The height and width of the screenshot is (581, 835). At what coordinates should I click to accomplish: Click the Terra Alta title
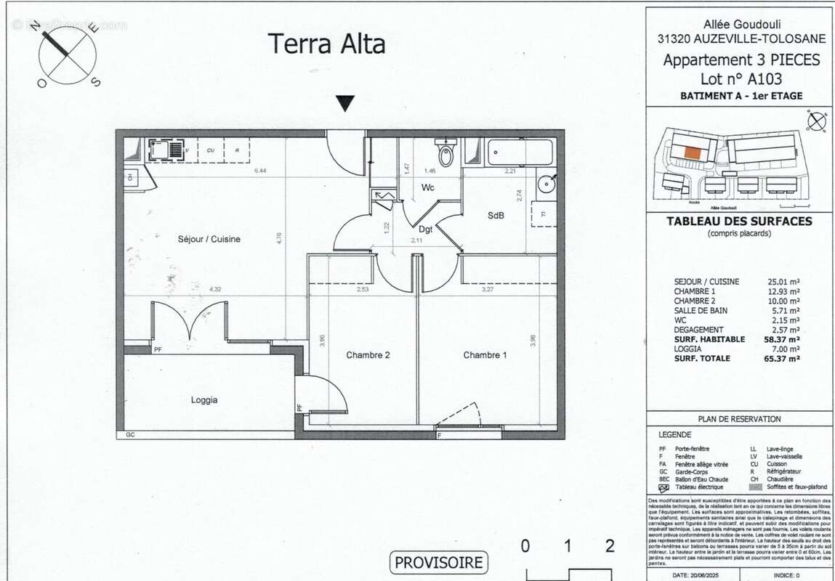pyautogui.click(x=327, y=44)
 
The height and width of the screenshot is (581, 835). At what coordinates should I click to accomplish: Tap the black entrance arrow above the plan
pyautogui.click(x=346, y=104)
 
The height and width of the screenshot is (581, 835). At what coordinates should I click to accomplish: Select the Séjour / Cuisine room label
pyautogui.click(x=209, y=239)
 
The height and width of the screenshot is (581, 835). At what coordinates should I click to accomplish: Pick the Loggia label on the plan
pyautogui.click(x=204, y=399)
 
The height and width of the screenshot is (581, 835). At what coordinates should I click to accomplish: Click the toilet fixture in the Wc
pyautogui.click(x=445, y=153)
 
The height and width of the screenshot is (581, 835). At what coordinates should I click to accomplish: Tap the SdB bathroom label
pyautogui.click(x=496, y=216)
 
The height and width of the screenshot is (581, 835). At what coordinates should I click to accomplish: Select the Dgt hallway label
pyautogui.click(x=426, y=229)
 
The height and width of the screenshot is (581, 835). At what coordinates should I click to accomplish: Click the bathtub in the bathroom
pyautogui.click(x=519, y=153)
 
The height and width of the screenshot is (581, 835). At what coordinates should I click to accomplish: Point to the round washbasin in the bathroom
pyautogui.click(x=546, y=183)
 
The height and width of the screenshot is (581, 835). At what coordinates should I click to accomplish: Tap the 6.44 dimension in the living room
pyautogui.click(x=261, y=171)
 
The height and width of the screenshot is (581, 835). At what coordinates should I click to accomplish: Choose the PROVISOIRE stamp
pyautogui.click(x=439, y=562)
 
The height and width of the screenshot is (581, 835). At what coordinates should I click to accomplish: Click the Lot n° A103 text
pyautogui.click(x=741, y=79)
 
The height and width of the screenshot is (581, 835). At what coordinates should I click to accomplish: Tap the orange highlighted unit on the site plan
pyautogui.click(x=691, y=153)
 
